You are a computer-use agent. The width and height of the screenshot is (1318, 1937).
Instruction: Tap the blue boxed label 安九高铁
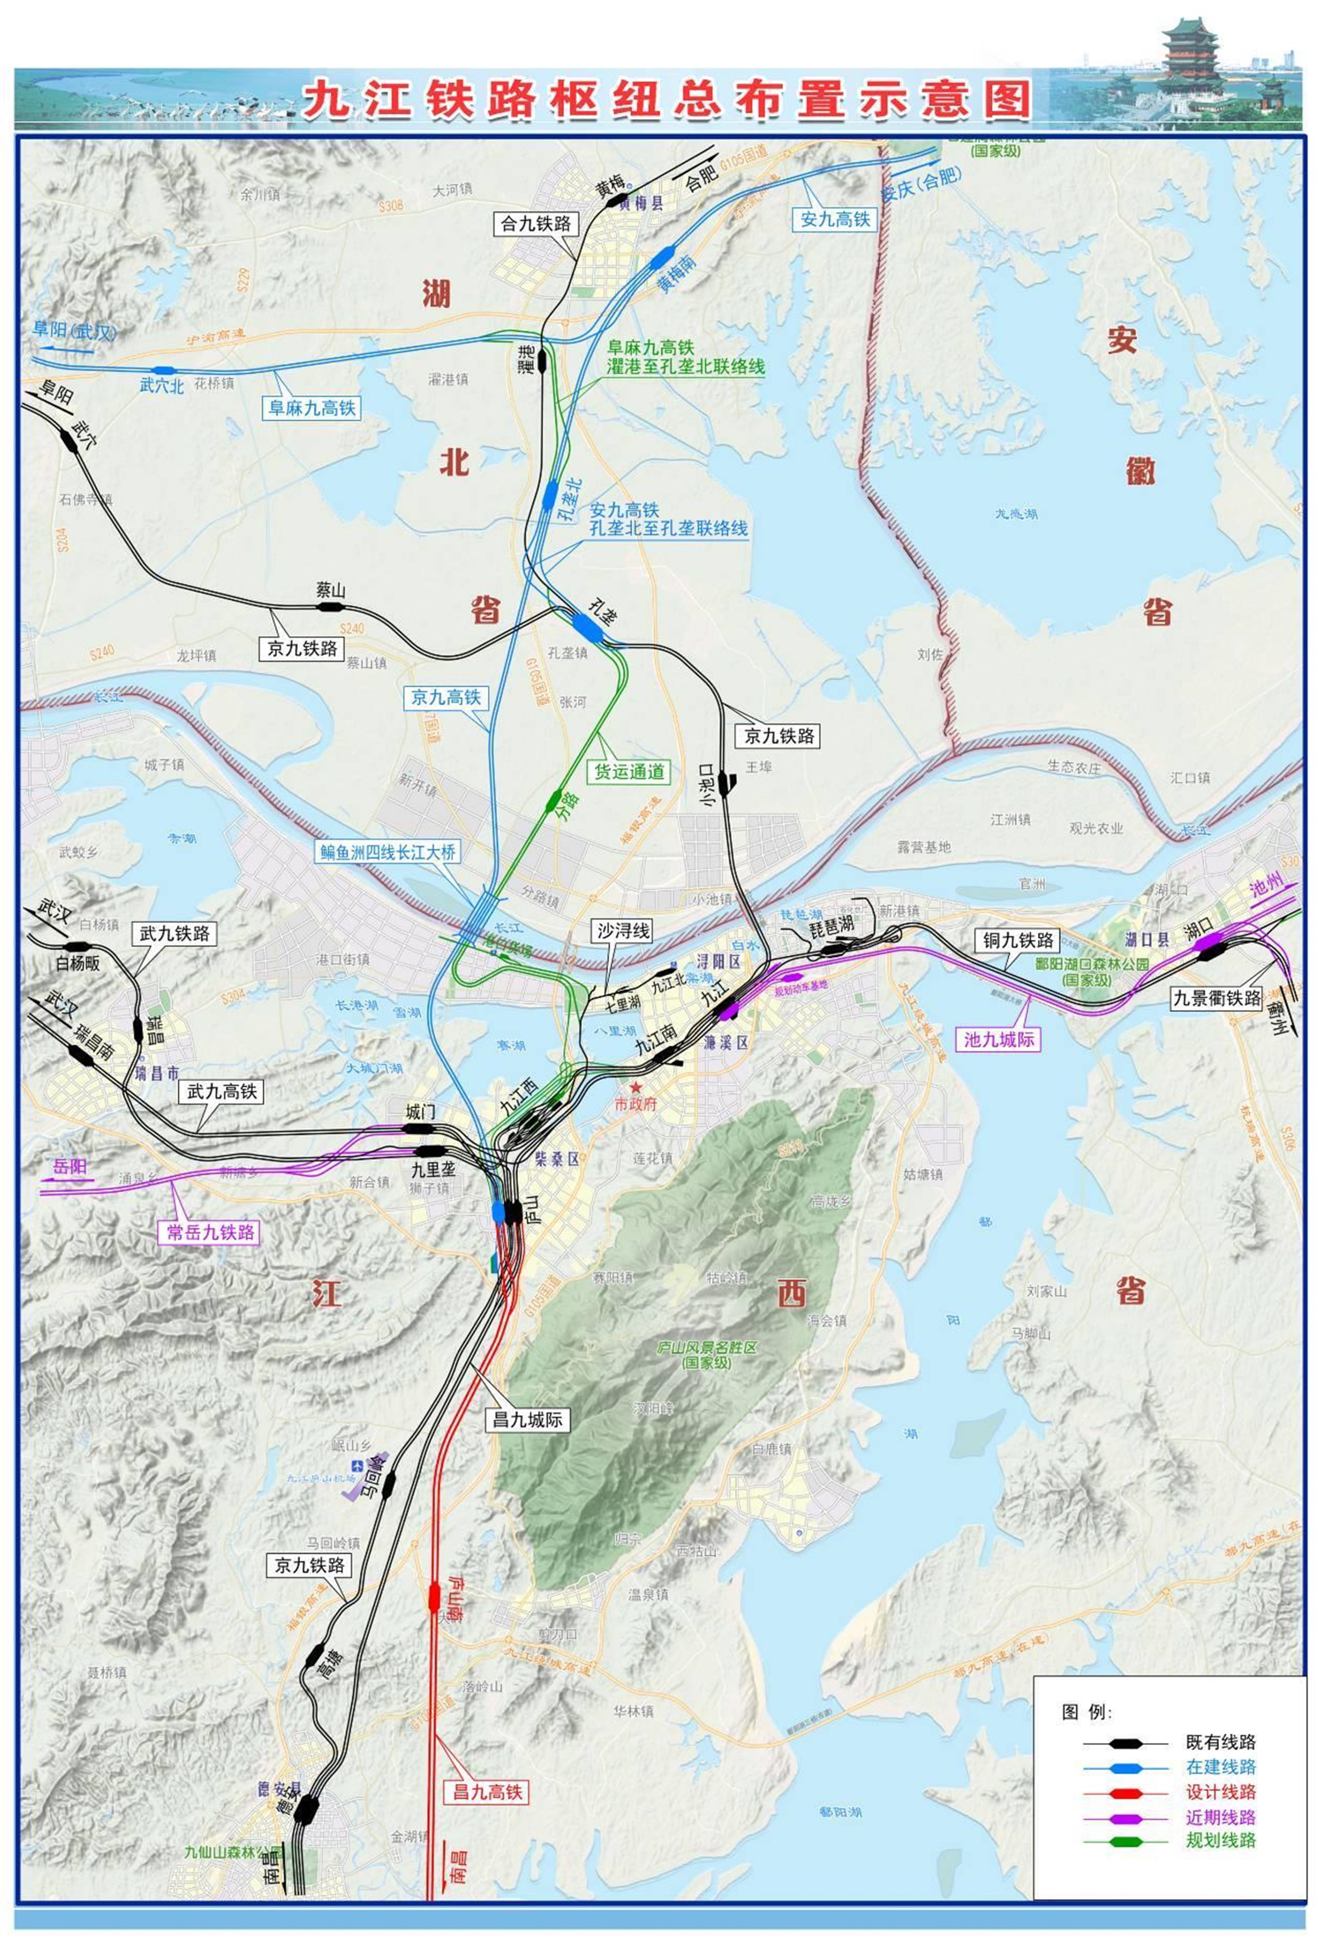tap(834, 219)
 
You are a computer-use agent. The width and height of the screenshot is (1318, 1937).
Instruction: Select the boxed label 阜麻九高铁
tap(311, 408)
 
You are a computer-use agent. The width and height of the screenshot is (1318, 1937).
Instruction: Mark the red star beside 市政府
tap(637, 1088)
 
